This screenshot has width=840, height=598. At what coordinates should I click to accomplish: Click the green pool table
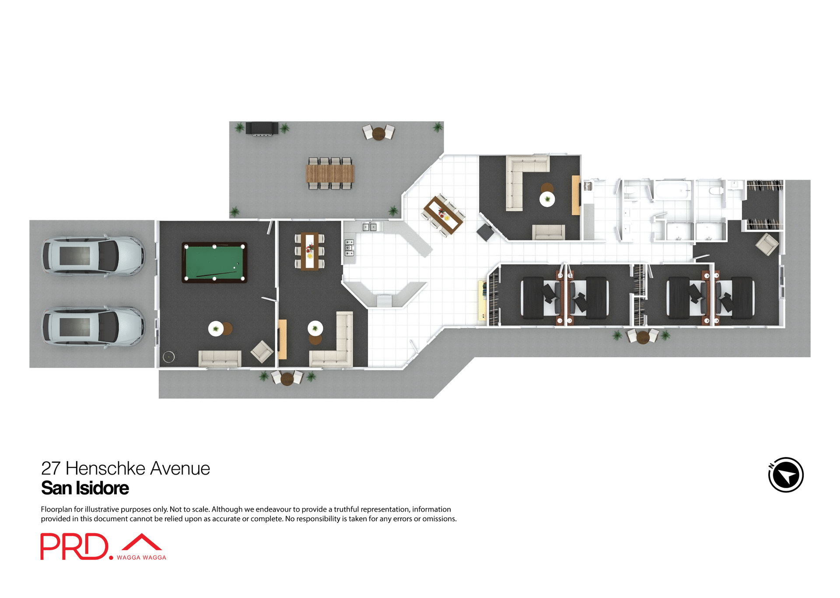214,262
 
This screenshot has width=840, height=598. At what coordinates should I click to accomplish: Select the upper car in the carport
93,256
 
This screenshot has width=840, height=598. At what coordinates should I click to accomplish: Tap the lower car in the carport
93,327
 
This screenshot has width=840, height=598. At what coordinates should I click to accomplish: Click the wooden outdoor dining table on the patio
330,173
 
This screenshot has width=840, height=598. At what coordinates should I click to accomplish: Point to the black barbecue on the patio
262,129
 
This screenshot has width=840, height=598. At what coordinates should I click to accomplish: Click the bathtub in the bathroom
673,190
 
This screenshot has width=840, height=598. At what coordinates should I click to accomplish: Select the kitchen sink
369,227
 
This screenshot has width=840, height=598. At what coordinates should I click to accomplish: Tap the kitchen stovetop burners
349,248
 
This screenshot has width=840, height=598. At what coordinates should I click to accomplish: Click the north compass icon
786,475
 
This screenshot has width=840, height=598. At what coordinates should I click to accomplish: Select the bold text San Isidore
85,488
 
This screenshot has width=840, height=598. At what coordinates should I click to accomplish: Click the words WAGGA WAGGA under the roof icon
141,558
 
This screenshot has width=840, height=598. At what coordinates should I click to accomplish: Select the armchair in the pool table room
262,352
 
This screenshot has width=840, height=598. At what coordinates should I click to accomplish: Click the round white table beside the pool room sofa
216,328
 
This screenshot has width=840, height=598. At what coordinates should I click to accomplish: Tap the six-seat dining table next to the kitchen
310,251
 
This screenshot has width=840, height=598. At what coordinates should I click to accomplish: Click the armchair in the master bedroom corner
767,244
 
